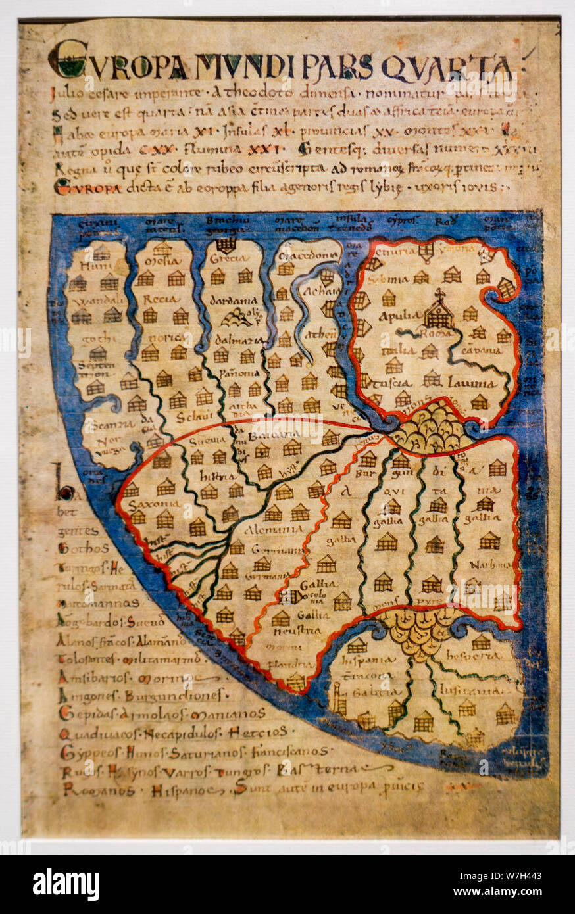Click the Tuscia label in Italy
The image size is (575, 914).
coord(389,383)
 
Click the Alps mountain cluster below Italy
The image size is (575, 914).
coord(433,428)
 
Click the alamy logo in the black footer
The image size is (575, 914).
coord(66,884)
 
